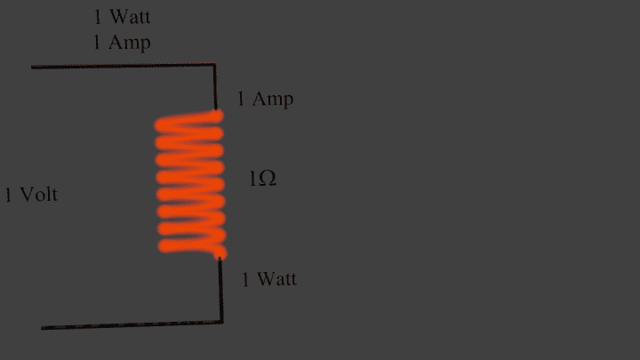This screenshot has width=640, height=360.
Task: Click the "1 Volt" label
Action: click(x=31, y=195)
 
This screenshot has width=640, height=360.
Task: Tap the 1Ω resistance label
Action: click(x=262, y=179)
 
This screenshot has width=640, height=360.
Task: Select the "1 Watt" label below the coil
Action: click(x=269, y=279)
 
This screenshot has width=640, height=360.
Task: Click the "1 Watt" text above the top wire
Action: click(x=122, y=18)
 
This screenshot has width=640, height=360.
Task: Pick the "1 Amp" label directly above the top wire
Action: click(x=122, y=43)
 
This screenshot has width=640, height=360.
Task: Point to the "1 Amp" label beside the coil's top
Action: click(x=264, y=99)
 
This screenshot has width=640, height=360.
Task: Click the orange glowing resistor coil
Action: click(x=190, y=185)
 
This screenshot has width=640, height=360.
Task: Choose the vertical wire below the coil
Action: click(x=220, y=290)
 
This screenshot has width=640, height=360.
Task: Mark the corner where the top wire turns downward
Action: click(x=215, y=65)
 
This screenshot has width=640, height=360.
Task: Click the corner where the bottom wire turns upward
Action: click(x=221, y=323)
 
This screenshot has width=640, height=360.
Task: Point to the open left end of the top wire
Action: click(x=33, y=67)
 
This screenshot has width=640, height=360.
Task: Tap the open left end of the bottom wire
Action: click(x=43, y=328)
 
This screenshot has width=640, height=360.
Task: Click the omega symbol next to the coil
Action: click(x=266, y=179)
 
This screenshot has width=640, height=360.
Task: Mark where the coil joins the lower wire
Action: click(x=219, y=258)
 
